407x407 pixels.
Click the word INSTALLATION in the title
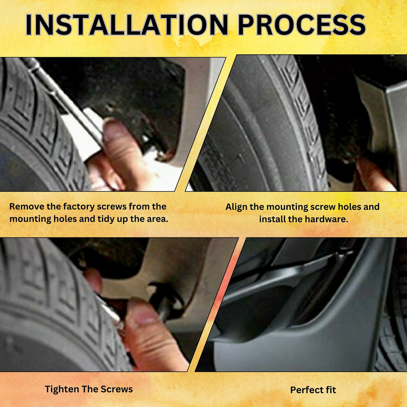coord(127,25)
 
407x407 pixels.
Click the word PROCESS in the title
coord(301,25)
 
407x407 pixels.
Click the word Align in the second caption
coord(236,207)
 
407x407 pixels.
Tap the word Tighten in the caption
coord(62,389)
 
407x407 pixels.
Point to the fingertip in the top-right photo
coord(372,175)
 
